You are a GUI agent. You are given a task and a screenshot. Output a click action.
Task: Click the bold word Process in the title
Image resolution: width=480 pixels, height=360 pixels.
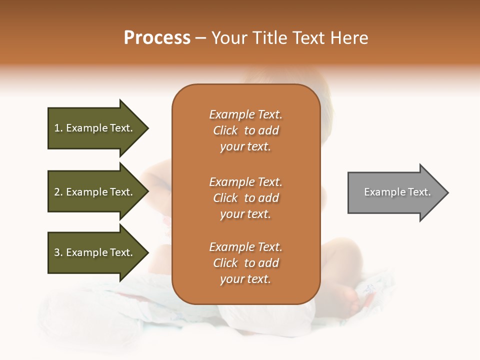157,38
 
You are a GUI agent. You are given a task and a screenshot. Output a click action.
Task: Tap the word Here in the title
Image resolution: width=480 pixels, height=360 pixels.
349,38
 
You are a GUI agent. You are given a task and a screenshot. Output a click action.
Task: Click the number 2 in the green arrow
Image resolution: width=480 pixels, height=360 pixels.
57,192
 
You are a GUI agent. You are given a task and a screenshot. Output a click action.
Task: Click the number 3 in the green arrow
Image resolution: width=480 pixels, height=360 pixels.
57,252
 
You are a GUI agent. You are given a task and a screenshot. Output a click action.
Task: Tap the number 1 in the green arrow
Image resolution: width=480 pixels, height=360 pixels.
57,128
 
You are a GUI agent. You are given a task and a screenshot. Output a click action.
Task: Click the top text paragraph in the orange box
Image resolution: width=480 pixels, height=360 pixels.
245,130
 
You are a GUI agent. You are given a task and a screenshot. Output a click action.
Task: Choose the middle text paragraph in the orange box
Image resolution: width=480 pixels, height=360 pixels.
245,198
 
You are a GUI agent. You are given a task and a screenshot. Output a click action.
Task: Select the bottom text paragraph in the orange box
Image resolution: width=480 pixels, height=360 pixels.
245,263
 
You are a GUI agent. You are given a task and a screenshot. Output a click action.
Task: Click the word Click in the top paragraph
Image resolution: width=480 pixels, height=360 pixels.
225,130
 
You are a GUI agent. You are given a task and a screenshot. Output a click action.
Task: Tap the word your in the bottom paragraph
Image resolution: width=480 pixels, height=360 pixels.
230,279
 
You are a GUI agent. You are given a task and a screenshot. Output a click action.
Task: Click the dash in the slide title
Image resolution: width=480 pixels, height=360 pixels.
200,38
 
